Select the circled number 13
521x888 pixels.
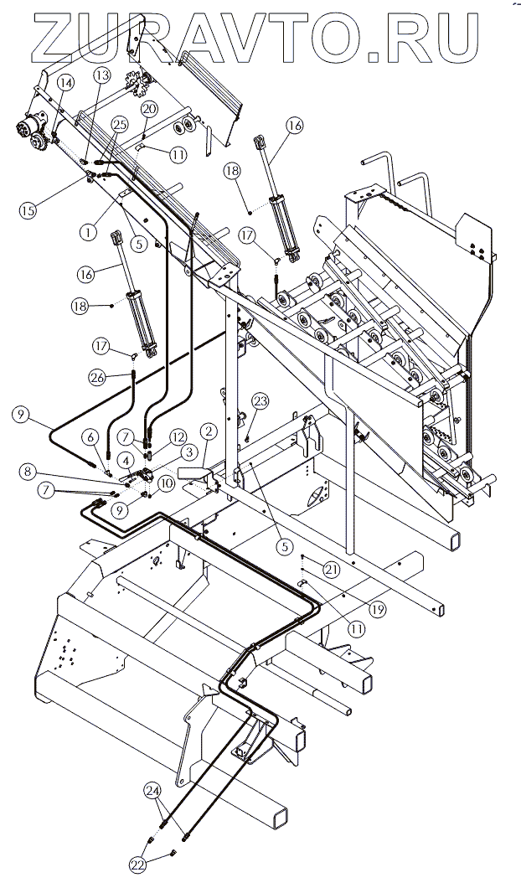point(101,75)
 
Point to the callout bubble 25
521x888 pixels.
point(120,124)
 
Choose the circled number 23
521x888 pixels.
point(260,400)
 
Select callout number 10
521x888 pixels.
point(165,483)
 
